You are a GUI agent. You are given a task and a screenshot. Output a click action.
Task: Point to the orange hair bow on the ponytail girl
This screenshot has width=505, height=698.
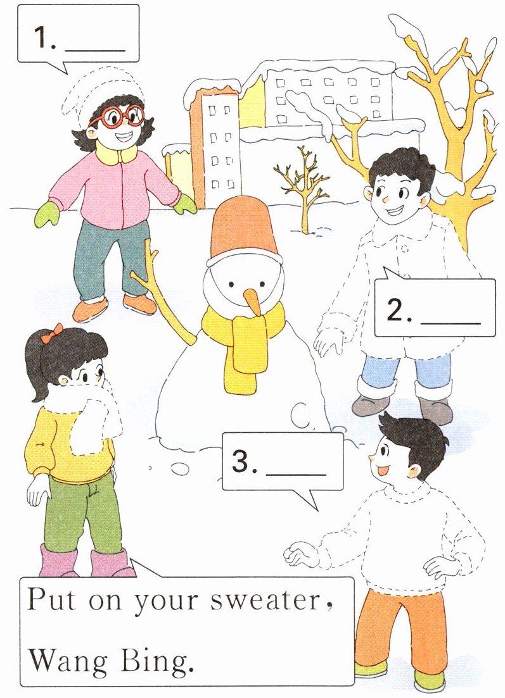52,333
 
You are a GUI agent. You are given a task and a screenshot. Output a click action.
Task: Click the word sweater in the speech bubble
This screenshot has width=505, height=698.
266,601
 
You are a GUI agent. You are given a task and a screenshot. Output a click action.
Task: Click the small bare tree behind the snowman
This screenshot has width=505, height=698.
302,190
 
